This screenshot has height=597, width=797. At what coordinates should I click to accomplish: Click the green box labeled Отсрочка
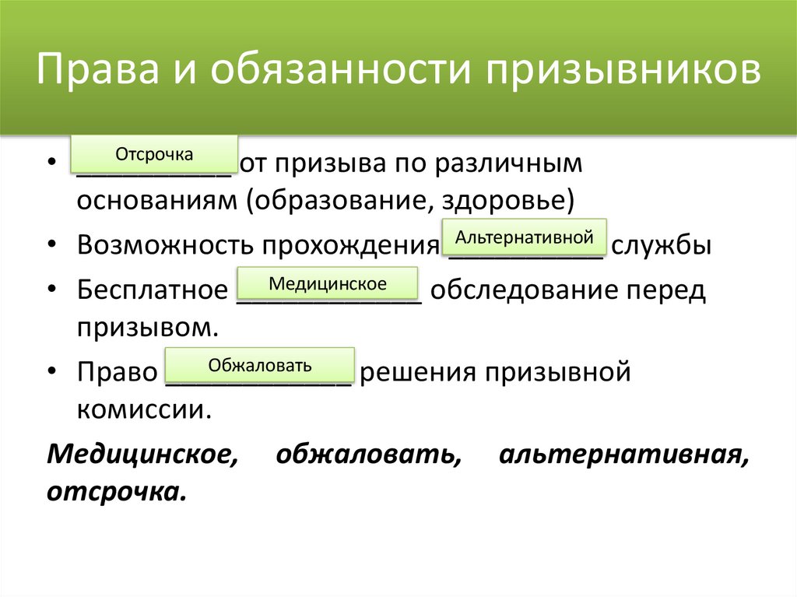pyautogui.click(x=154, y=154)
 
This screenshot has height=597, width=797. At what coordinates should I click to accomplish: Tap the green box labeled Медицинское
pyautogui.click(x=327, y=284)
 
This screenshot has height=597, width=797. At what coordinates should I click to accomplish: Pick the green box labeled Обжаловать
pyautogui.click(x=260, y=365)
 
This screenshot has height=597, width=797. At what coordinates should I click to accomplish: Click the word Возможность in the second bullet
pyautogui.click(x=165, y=245)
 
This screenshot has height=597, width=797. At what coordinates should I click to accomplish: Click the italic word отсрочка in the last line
pyautogui.click(x=117, y=492)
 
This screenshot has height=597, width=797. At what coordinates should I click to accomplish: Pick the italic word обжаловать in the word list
pyautogui.click(x=366, y=454)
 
